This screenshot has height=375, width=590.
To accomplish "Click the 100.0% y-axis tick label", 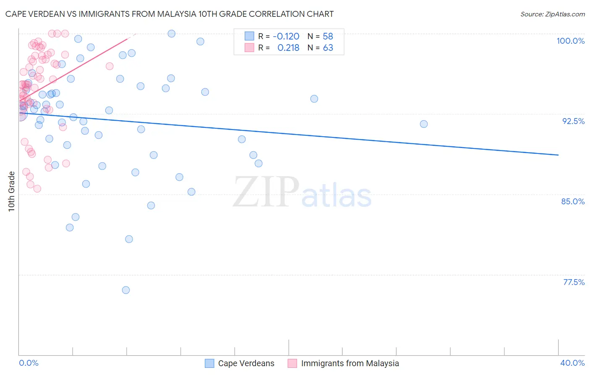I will click(x=570, y=41).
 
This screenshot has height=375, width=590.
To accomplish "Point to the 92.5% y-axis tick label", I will click(x=573, y=121).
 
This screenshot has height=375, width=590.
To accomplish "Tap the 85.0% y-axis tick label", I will click(x=573, y=201).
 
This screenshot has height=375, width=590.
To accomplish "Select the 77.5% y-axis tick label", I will click(x=574, y=282).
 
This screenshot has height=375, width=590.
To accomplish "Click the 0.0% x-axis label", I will click(x=29, y=363).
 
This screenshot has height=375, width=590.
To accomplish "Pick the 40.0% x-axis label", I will click(x=572, y=363).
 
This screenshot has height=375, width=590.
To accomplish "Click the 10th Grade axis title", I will click(x=11, y=191).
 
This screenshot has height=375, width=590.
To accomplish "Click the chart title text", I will click(x=170, y=14).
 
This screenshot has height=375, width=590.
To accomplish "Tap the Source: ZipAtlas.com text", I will click(x=552, y=14).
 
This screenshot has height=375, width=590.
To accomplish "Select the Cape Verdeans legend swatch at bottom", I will click(x=209, y=363).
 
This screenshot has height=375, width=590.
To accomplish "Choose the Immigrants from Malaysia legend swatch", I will click(x=292, y=363).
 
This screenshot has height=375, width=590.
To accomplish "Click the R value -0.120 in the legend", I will click(x=286, y=36).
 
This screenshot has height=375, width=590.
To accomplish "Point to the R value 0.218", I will click(x=288, y=48).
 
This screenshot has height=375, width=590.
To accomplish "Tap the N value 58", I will click(x=328, y=36).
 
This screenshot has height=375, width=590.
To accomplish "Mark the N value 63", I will click(x=328, y=48).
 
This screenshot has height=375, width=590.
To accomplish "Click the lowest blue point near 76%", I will click(x=126, y=290).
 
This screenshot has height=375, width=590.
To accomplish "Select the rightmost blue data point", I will click(x=424, y=124).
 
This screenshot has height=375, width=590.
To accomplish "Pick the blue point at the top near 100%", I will click(x=172, y=34).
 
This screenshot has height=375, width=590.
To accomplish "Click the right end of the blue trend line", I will click(x=558, y=155).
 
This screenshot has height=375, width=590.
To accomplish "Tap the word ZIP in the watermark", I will click(x=266, y=193).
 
